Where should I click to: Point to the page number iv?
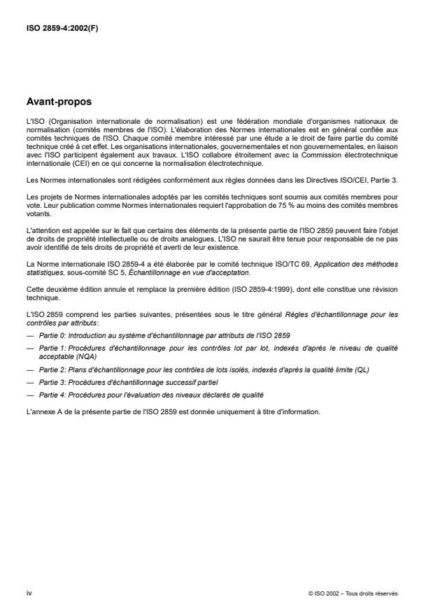(28, 593)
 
